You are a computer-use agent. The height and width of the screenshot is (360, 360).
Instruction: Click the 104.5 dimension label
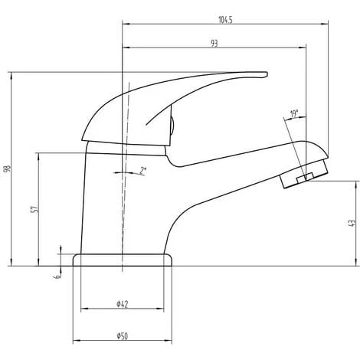pyautogui.click(x=225, y=20)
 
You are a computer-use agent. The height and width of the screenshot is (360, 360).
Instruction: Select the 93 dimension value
pyautogui.click(x=214, y=44)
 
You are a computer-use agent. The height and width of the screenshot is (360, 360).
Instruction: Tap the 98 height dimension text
pyautogui.click(x=8, y=169)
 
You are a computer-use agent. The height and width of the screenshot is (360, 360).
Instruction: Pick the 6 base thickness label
pyautogui.click(x=58, y=276)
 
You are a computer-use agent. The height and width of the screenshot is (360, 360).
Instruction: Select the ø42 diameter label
pyautogui.click(x=123, y=304)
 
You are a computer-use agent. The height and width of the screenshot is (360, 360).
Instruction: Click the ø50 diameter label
pyautogui.click(x=123, y=336)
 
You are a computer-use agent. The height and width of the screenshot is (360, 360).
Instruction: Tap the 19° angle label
pyautogui.click(x=294, y=113)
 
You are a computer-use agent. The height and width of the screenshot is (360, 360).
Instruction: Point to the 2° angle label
pyautogui.click(x=143, y=171)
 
